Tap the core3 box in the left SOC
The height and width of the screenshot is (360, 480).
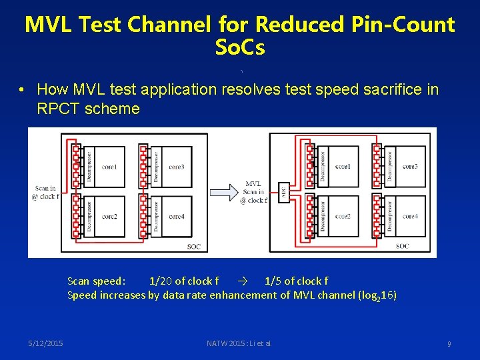(176, 166)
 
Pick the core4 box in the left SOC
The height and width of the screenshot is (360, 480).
(176, 217)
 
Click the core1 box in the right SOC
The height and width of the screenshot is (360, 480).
(343, 166)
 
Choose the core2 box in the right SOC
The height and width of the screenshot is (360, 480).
(343, 217)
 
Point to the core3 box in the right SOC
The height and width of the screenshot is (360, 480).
(410, 166)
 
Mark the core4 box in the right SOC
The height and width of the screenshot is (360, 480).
(410, 217)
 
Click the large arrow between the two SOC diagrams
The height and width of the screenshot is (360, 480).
(228, 191)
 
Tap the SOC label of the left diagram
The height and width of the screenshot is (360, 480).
(193, 247)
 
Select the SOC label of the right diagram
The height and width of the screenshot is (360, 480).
(402, 246)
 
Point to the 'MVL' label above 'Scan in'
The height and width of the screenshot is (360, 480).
(253, 183)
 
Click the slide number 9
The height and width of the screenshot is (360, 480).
(449, 344)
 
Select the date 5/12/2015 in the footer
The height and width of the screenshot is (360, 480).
(46, 343)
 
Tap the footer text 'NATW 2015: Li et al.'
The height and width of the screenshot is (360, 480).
(239, 343)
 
